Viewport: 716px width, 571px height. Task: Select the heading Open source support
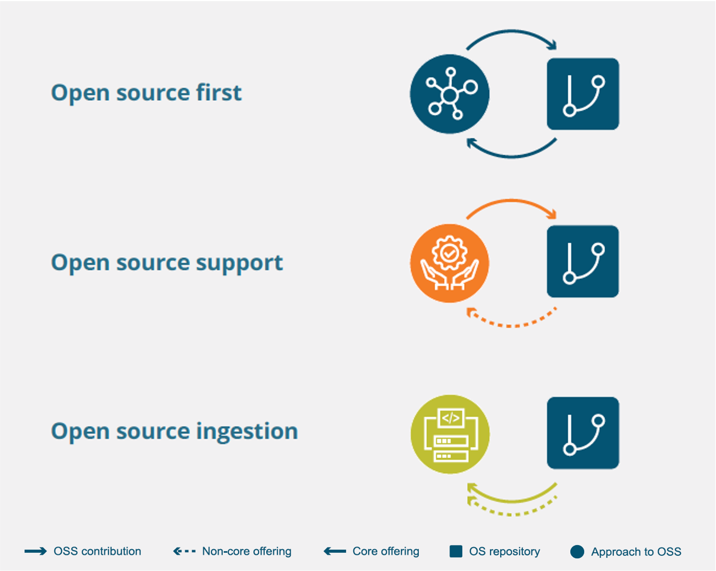(x=167, y=263)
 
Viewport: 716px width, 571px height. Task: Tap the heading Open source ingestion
(x=174, y=431)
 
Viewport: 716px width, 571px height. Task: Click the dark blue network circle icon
(x=449, y=94)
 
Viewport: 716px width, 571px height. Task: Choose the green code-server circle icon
(x=450, y=434)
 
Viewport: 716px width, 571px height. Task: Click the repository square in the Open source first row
(x=583, y=94)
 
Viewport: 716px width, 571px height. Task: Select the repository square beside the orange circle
(x=583, y=261)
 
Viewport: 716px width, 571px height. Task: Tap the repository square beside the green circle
(x=583, y=433)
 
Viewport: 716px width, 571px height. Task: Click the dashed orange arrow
(x=512, y=325)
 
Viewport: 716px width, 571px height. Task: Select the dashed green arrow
(x=512, y=514)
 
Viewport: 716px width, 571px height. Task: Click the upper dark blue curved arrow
(x=512, y=32)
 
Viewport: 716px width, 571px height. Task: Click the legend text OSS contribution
(x=97, y=551)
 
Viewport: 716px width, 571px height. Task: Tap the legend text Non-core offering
(x=247, y=551)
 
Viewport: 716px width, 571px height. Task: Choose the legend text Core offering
(x=386, y=551)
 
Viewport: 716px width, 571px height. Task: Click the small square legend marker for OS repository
(x=456, y=551)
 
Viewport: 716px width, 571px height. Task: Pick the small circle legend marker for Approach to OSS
(x=577, y=552)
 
